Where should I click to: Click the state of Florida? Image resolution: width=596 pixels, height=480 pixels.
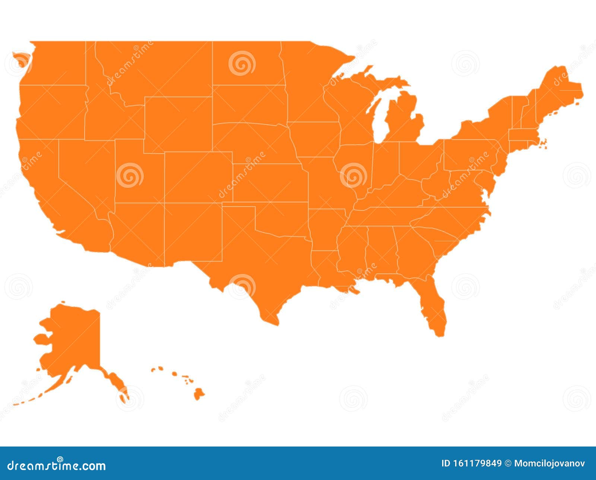tap(434, 305)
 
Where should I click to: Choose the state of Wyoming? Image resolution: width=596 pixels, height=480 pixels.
tap(178, 125)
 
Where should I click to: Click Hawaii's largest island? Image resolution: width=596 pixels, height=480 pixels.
tap(199, 394)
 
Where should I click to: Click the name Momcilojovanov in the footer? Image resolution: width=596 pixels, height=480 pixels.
tap(549, 463)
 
